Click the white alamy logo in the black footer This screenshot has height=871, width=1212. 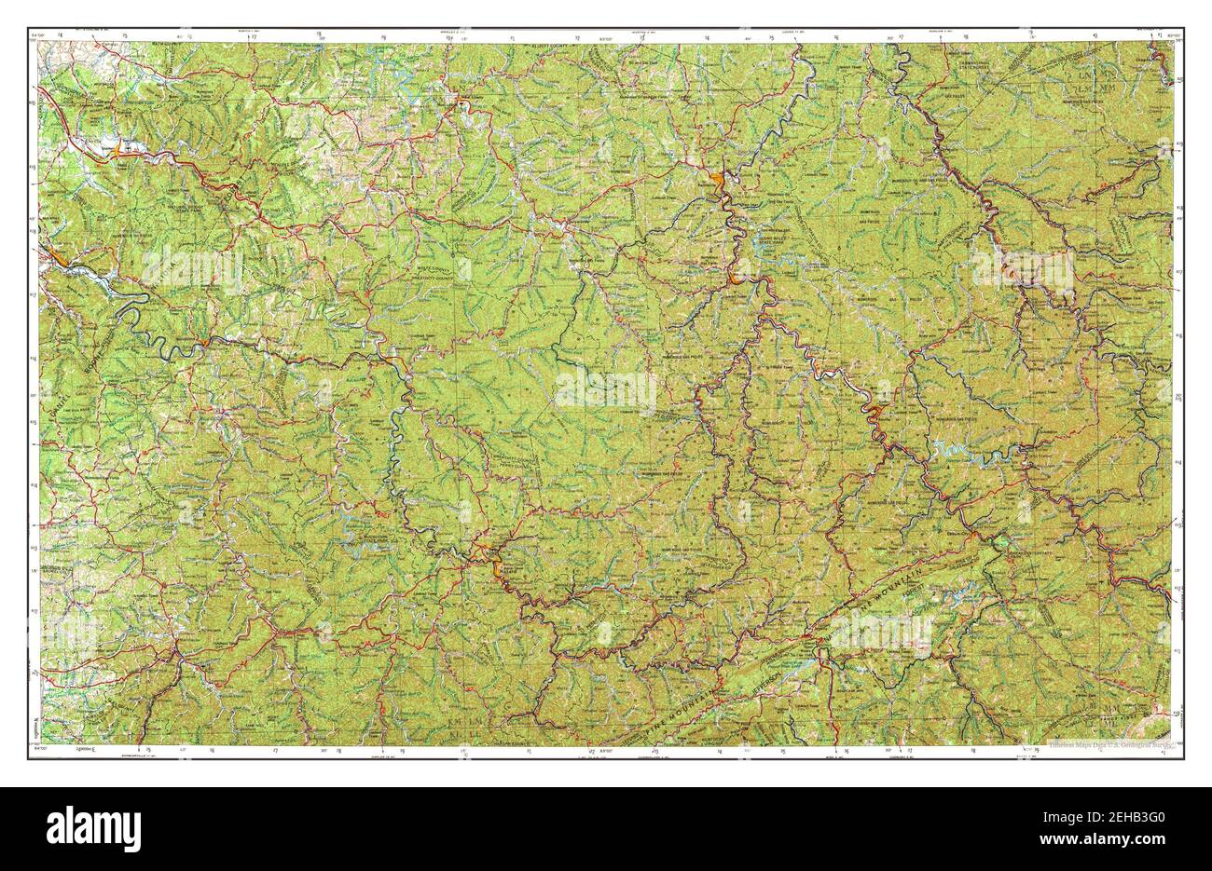[x=94, y=826]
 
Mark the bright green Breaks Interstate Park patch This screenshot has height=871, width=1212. [x=1001, y=541]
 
